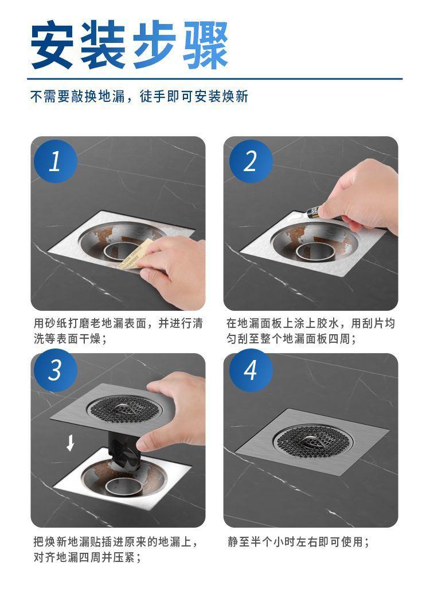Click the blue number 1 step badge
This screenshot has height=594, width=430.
tap(56, 161)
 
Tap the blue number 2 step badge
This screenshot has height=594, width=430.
tap(251, 161)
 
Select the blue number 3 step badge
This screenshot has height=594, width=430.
tap(56, 370)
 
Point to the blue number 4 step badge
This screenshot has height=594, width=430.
tap(251, 370)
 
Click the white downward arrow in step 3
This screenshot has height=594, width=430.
tap(70, 443)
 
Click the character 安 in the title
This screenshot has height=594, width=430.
tap(52, 45)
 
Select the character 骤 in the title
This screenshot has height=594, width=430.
tap(205, 45)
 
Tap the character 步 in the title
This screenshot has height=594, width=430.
tap(154, 45)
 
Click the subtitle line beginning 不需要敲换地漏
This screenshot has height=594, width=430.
tap(139, 97)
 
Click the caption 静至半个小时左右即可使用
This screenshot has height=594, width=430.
tap(298, 542)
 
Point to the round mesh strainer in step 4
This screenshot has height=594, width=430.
tap(312, 441)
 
